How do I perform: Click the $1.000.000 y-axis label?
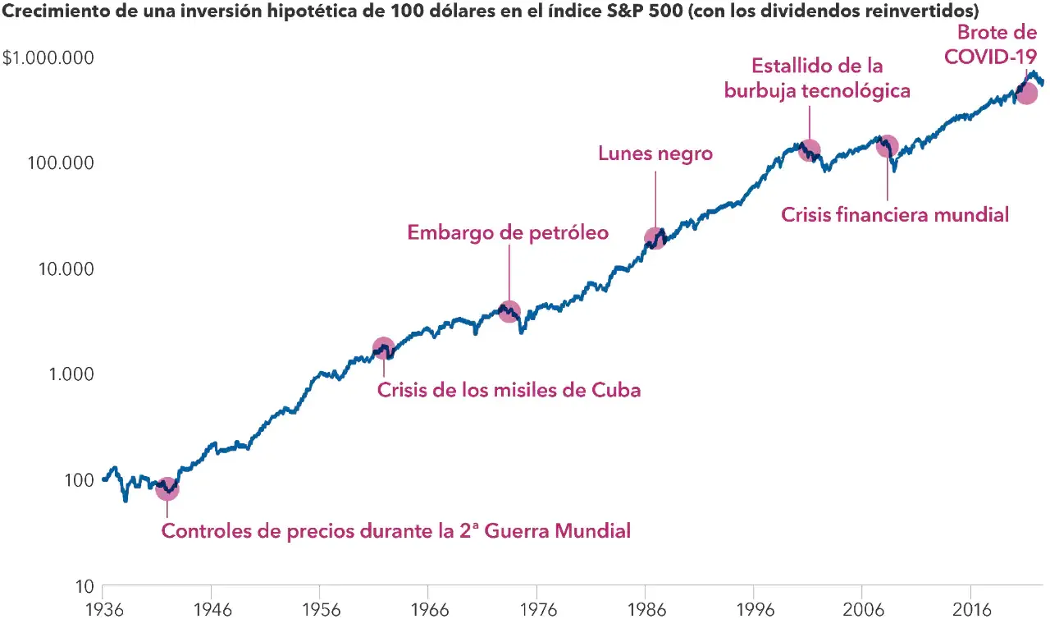pos(48,57)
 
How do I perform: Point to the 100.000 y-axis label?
pos(61,163)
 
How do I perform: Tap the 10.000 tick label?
pos(66,268)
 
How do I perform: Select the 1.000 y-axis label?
pos(71,374)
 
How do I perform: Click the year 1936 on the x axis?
pos(104,610)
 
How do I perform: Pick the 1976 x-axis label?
pos(538,610)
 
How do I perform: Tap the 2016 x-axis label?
pos(972,610)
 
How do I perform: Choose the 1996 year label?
pos(756,610)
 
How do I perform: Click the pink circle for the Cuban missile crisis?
pos(384,348)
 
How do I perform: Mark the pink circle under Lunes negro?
pos(655,238)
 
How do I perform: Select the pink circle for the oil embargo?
pos(509,311)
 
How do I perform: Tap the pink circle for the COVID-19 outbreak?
pos(1026,93)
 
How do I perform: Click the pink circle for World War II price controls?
pos(167,489)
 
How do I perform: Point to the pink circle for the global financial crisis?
pos(887,146)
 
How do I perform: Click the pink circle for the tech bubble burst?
pos(810,150)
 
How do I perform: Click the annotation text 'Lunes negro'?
pos(655,154)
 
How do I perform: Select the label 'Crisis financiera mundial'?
pos(895,215)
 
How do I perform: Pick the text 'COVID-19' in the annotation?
pos(990,57)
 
